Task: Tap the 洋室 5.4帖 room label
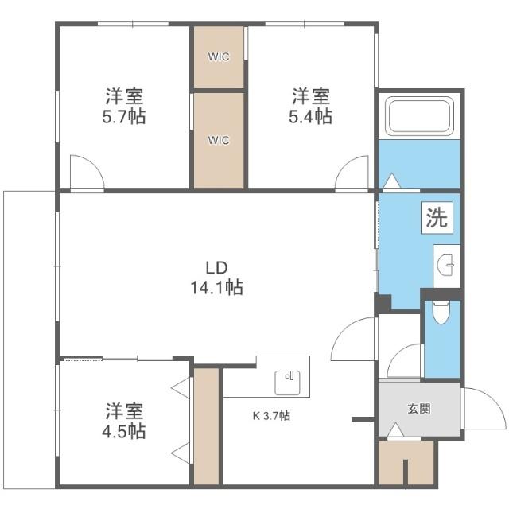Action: coord(310,107)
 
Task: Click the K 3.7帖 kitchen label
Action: coord(271,415)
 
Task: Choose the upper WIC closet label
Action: coord(219,57)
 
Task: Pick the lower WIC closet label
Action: coord(219,140)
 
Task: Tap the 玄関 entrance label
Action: coord(419,410)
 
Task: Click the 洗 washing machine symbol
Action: coord(437,218)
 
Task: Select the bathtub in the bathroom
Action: coord(419,117)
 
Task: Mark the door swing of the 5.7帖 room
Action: coord(84,174)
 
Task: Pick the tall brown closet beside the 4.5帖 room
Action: coord(206,425)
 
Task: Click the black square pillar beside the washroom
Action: coord(383,305)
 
